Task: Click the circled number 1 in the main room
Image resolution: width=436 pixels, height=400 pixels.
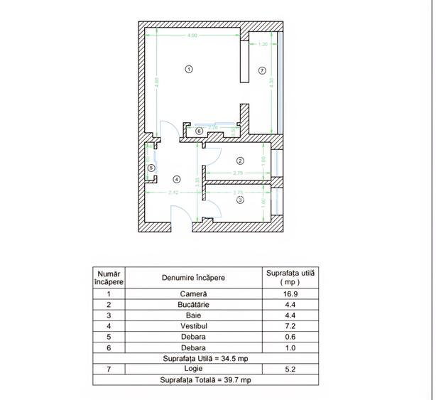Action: (x=189, y=69)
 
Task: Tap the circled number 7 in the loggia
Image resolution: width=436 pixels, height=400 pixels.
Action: (x=262, y=70)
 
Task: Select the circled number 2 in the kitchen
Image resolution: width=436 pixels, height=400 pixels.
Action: (x=240, y=161)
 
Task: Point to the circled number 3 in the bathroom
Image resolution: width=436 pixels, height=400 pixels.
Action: (x=240, y=200)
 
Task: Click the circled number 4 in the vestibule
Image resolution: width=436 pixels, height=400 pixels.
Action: (x=177, y=179)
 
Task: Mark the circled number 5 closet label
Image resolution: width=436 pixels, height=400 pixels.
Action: (x=151, y=168)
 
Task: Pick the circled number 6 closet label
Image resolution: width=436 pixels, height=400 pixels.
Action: (x=200, y=131)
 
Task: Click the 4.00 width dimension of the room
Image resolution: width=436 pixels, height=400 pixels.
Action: (x=192, y=35)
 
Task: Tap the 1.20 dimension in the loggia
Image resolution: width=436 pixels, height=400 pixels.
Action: (x=263, y=44)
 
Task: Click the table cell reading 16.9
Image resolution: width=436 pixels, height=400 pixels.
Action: (x=290, y=293)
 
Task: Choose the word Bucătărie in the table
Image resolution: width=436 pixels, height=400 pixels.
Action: (x=193, y=304)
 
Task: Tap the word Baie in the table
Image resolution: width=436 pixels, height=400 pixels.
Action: (x=193, y=315)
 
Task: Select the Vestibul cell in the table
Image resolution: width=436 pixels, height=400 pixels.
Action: (x=193, y=326)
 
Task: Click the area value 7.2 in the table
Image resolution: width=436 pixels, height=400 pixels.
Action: (x=290, y=326)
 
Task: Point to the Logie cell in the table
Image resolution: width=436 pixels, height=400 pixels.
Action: (x=193, y=369)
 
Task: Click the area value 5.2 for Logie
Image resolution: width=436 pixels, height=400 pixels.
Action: (x=290, y=369)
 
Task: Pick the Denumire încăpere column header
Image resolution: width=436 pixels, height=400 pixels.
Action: (x=193, y=277)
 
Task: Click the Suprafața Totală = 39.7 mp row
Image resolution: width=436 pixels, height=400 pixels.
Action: (x=205, y=380)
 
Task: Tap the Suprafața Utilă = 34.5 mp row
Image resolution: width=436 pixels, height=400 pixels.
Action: (x=205, y=359)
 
